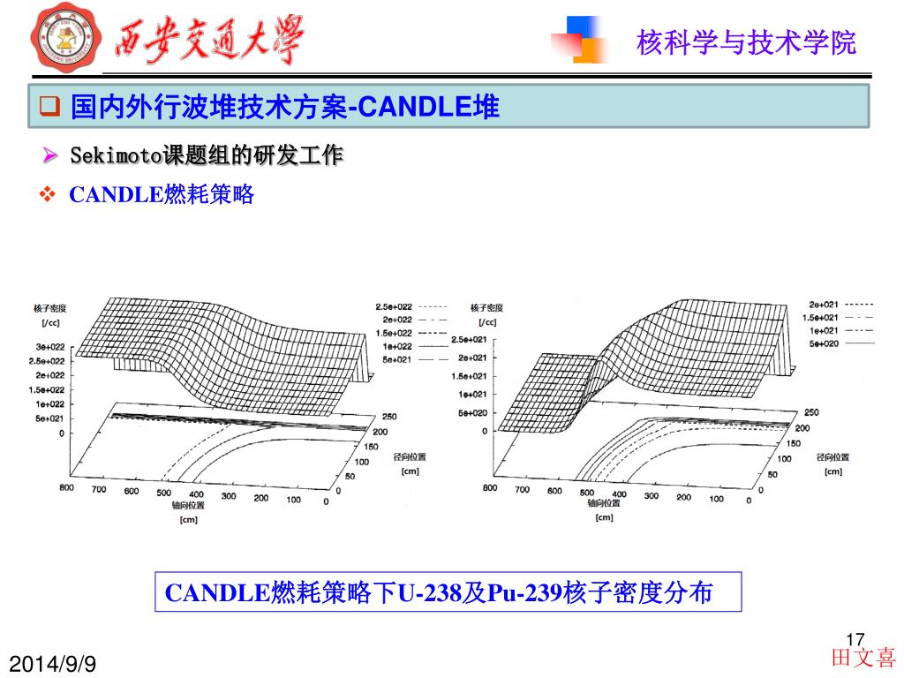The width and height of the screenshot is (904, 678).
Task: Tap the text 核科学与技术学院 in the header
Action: click(x=746, y=42)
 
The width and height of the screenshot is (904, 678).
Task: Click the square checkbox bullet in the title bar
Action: click(x=49, y=109)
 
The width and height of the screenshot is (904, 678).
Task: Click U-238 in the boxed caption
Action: click(x=430, y=593)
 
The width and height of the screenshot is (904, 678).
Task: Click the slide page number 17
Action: click(x=854, y=638)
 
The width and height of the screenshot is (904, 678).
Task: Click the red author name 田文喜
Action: click(x=863, y=659)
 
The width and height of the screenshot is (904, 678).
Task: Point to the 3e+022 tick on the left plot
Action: click(x=49, y=346)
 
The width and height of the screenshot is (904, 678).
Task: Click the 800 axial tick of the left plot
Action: click(x=66, y=487)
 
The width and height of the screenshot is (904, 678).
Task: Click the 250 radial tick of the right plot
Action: click(x=811, y=412)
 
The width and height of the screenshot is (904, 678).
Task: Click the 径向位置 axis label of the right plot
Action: click(x=832, y=457)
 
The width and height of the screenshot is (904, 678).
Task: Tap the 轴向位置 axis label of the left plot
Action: click(x=188, y=506)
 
